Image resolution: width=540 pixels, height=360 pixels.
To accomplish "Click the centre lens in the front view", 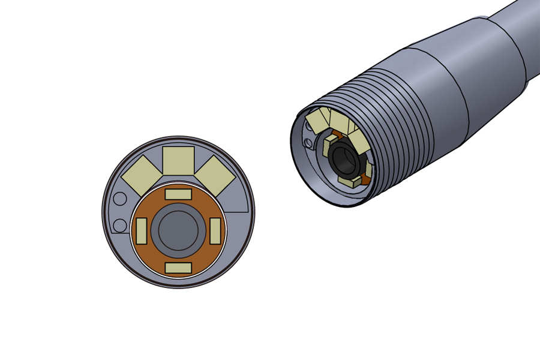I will (x=178, y=230).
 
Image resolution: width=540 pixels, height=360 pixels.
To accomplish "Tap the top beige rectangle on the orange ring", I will (x=178, y=194).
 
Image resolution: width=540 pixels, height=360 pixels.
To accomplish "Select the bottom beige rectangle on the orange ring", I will (x=178, y=268).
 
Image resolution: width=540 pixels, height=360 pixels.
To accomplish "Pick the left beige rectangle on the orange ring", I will (x=142, y=231).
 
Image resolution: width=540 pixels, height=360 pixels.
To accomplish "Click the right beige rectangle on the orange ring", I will (x=215, y=231).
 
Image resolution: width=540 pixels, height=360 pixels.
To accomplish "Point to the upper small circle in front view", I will (x=120, y=199).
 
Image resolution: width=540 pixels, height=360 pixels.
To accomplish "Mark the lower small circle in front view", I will (x=120, y=226).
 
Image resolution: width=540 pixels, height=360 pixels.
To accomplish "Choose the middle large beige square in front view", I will (x=178, y=160).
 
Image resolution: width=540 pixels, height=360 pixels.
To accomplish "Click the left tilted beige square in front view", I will (x=142, y=176).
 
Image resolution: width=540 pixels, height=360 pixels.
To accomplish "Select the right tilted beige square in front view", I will (x=215, y=175).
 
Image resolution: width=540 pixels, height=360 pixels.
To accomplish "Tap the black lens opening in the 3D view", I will (x=343, y=159).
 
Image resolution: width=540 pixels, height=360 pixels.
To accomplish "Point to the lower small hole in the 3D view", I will (x=308, y=142).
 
